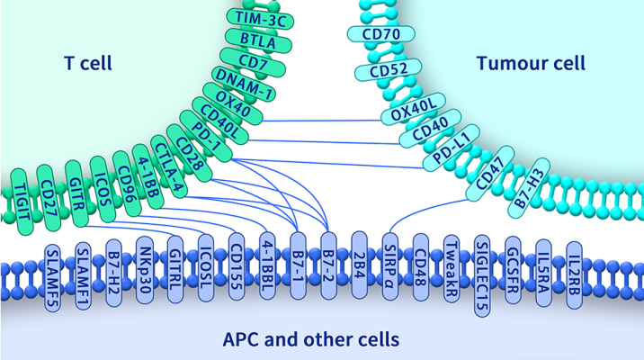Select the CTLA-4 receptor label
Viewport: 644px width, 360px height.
pos(169,158)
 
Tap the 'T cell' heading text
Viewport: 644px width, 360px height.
pos(92,63)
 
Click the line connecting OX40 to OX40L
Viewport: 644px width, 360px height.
pos(324,121)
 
